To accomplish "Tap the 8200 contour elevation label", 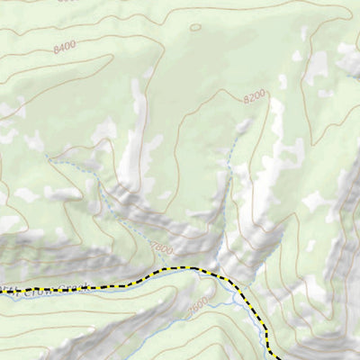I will (256, 94).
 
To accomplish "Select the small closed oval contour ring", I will (196, 27).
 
